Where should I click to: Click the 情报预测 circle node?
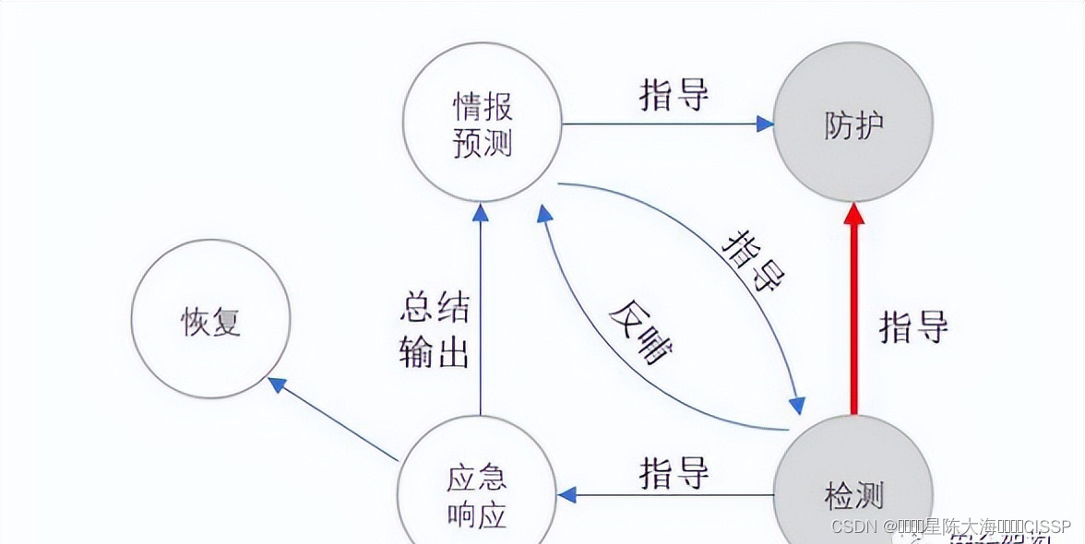[x=483, y=123]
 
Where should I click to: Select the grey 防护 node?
[x=853, y=123]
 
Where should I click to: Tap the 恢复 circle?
[x=210, y=319]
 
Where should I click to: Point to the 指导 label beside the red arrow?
[x=913, y=326]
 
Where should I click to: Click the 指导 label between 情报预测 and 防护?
[x=674, y=95]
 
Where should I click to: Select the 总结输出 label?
[x=435, y=330]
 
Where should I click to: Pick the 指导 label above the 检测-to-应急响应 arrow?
[x=674, y=473]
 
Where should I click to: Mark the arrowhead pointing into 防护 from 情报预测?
[x=765, y=124]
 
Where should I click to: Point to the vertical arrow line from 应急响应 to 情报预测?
[x=480, y=313]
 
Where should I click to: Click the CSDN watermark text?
[x=950, y=526]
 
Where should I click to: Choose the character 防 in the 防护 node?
[x=838, y=124]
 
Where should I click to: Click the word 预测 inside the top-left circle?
[x=483, y=143]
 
